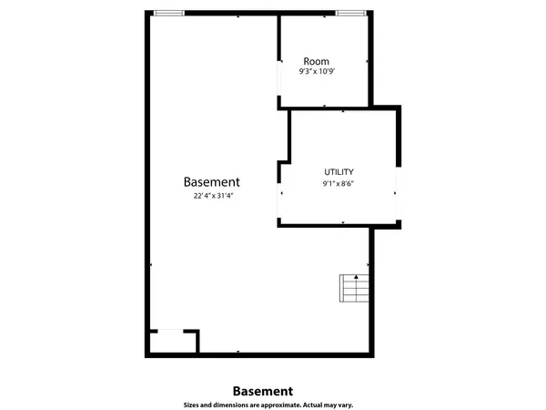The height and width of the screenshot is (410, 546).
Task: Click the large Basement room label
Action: [211, 182]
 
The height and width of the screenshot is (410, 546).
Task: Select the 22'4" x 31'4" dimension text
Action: [213, 196]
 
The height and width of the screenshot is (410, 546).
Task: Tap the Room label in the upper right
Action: [316, 61]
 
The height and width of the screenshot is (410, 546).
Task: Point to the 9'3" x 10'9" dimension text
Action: [317, 71]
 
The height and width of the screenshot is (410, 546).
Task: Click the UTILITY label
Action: [339, 172]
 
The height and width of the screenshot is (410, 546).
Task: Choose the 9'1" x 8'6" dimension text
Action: [339, 183]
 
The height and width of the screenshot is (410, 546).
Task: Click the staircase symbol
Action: [354, 288]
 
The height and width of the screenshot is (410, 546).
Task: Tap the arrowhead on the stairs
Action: [356, 277]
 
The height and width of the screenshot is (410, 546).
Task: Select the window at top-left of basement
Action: [169, 14]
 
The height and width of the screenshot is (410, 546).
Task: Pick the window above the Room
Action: [351, 14]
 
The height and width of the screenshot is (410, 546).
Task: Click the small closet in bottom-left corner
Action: [173, 343]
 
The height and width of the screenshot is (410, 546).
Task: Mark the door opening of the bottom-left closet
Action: [171, 331]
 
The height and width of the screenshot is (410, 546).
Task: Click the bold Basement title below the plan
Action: [263, 391]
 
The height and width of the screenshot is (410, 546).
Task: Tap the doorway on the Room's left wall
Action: [279, 78]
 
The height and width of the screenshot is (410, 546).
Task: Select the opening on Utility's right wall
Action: [399, 193]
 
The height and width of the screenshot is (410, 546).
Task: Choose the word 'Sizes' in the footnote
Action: [191, 405]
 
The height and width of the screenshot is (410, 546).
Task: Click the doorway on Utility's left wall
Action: [279, 200]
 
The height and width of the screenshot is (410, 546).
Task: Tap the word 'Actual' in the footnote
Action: [312, 405]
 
